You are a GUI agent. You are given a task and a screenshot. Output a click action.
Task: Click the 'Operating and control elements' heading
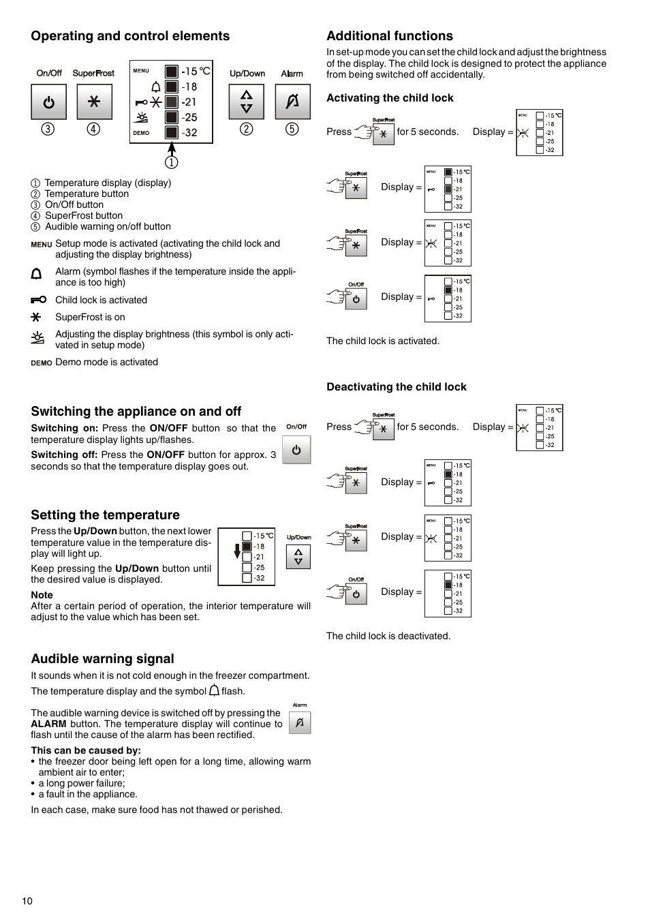(130, 36)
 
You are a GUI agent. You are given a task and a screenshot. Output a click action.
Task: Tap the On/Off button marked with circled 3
(49, 102)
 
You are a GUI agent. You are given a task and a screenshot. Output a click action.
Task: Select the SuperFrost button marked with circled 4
(94, 102)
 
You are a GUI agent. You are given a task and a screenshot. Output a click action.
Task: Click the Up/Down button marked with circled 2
(247, 102)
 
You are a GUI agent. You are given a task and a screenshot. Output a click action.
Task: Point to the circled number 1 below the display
(172, 162)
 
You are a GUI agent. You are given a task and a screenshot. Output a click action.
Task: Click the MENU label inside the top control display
(141, 71)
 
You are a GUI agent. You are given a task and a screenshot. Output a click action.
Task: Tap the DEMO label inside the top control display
(141, 133)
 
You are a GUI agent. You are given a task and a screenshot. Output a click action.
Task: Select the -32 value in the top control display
(190, 133)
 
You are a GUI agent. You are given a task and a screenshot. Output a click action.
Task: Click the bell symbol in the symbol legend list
(37, 274)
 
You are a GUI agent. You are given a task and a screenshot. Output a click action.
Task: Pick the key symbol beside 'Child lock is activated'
(39, 300)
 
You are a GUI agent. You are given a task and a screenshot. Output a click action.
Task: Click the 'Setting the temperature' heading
(105, 515)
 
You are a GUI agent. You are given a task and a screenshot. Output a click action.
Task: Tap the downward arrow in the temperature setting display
(237, 551)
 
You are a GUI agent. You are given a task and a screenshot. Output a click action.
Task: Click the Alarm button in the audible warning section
(300, 722)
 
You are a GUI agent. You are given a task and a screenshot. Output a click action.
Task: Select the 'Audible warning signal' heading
(102, 659)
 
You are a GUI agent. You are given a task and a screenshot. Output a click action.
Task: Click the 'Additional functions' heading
(390, 36)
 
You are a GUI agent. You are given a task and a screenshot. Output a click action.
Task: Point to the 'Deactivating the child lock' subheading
(397, 387)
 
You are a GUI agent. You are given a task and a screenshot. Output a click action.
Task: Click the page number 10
(27, 901)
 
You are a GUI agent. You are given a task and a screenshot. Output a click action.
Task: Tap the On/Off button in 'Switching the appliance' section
(296, 450)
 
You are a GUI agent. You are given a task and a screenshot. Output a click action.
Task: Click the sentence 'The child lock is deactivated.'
(388, 636)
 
